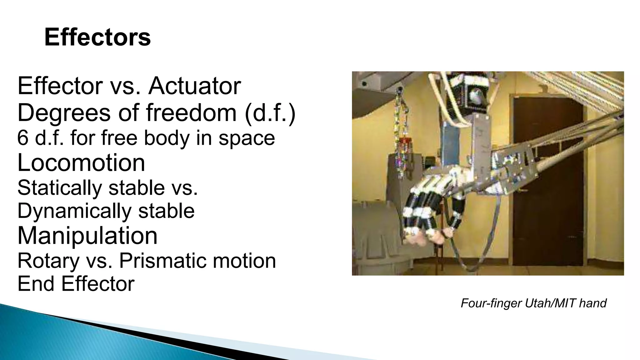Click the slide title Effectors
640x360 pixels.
pos(97,37)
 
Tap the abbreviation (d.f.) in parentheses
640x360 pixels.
pos(270,112)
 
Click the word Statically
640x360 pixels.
pos(60,188)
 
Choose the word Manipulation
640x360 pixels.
pos(87,236)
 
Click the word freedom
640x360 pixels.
pos(191,112)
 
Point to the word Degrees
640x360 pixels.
pos(64,113)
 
